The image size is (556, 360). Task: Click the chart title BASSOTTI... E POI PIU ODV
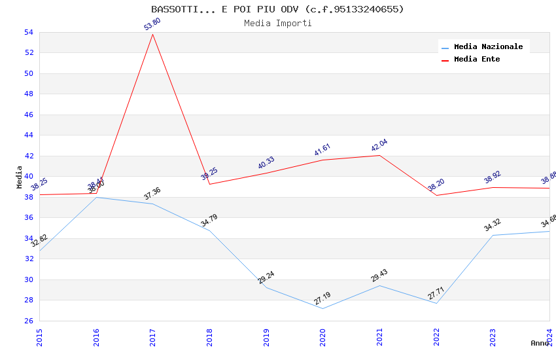277,9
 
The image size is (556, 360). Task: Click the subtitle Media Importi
277,24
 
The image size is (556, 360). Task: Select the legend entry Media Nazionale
488,47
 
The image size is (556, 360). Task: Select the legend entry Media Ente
477,60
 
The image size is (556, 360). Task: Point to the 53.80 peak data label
152,24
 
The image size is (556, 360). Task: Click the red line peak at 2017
152,34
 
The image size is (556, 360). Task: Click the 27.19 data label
322,298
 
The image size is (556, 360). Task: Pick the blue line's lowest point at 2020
322,308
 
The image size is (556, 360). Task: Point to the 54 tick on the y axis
28,32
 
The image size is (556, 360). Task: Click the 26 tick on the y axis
28,321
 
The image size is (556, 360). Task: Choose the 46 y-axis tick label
28,115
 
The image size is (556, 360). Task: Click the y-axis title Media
20,177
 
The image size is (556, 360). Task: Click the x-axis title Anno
540,343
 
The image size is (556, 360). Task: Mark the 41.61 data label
322,150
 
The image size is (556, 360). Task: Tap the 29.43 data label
379,276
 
